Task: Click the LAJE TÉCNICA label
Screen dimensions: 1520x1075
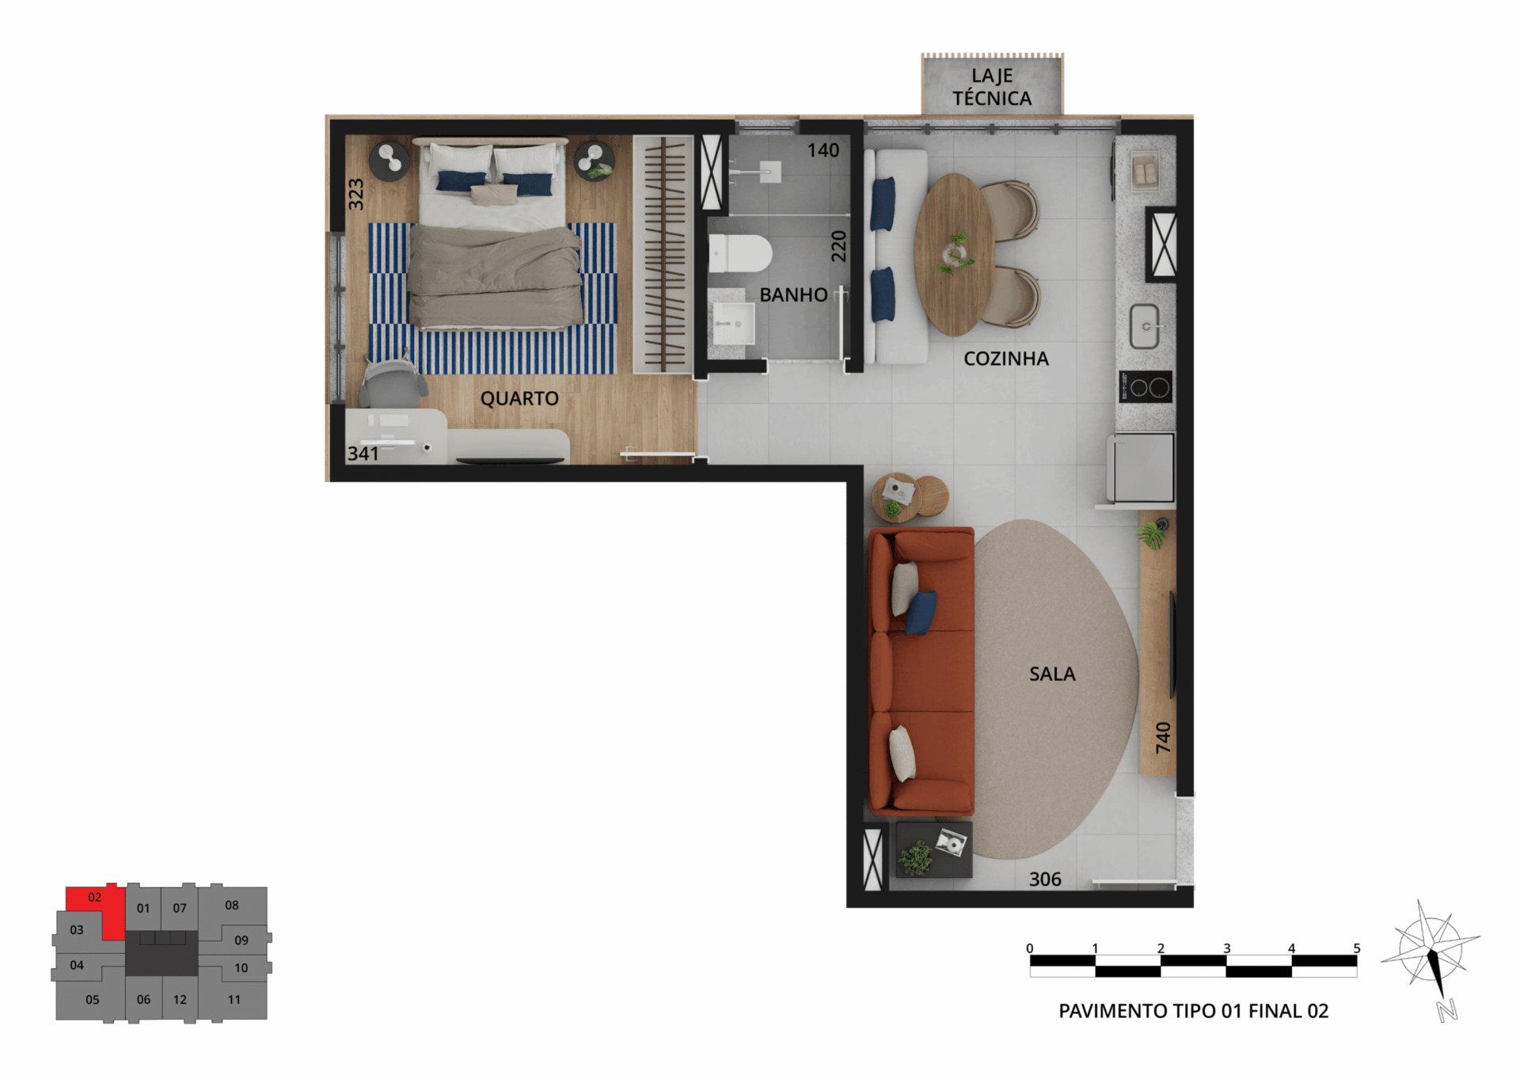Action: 992,87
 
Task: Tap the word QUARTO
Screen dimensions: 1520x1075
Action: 519,398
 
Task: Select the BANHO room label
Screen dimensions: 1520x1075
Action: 793,294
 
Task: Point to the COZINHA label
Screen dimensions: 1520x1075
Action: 1006,359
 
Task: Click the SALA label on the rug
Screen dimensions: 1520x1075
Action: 1052,674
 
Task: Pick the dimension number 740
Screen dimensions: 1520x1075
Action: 1162,737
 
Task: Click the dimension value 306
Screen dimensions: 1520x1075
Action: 1045,879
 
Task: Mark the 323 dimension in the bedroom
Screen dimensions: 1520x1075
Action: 356,194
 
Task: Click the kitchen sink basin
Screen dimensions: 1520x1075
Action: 1145,326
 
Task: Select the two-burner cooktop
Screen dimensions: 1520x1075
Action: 1146,387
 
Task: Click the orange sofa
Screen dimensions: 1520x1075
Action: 921,671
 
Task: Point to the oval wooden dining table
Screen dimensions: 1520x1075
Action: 954,255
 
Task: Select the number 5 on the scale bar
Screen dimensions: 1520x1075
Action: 1357,948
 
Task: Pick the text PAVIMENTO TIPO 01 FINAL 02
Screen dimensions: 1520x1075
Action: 1193,1011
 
